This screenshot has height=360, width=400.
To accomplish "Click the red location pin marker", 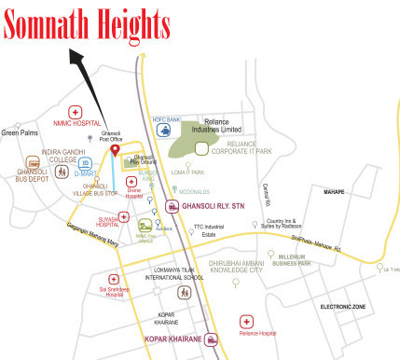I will click(116, 151).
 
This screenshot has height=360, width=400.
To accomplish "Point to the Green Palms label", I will click(20, 132).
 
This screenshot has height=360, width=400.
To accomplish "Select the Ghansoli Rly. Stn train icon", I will click(172, 206).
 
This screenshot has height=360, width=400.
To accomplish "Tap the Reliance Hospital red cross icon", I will click(247, 320).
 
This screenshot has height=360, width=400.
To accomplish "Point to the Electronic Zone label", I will click(343, 306).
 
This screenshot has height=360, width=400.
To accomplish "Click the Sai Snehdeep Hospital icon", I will click(115, 279).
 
